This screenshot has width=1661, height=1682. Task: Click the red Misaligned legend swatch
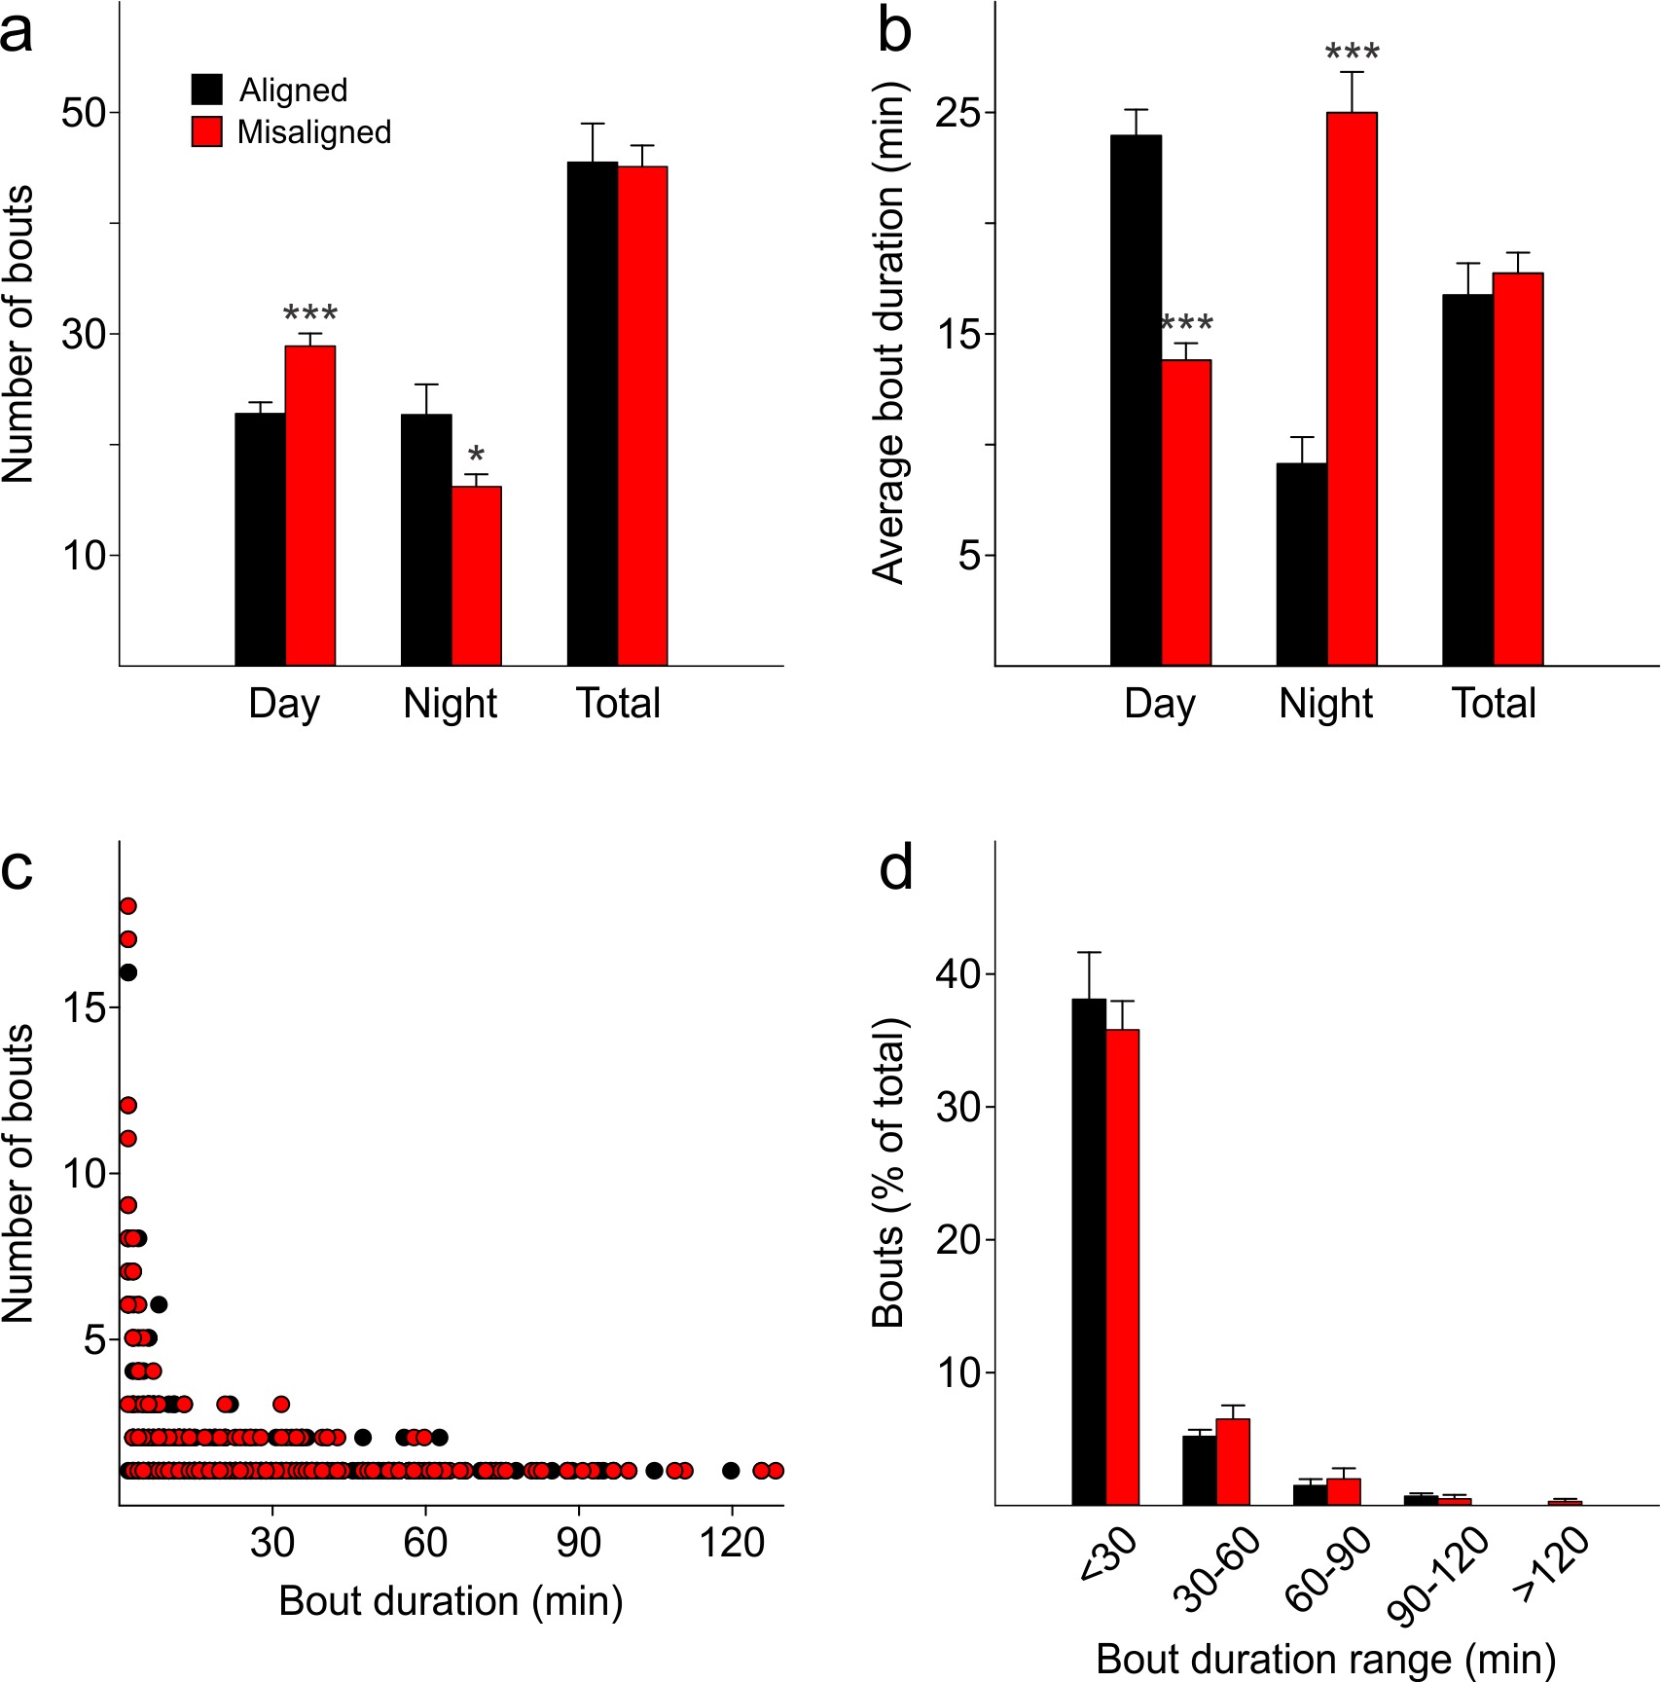(207, 131)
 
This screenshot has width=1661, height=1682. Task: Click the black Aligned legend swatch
(207, 90)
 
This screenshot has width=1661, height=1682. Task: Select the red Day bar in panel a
(310, 506)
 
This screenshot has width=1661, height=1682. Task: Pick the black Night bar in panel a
(426, 540)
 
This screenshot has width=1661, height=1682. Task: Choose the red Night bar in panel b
(1353, 389)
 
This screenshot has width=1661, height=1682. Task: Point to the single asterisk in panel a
(476, 455)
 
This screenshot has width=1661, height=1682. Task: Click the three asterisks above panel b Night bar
(1353, 52)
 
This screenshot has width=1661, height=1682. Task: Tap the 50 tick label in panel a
(84, 113)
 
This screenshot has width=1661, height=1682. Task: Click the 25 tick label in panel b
(958, 113)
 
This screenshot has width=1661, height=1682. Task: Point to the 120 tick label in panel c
(732, 1543)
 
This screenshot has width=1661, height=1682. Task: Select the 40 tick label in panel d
(958, 974)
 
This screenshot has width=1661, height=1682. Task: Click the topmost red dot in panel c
(127, 906)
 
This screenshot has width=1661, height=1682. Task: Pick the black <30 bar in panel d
(1089, 1252)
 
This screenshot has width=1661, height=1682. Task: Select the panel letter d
(896, 868)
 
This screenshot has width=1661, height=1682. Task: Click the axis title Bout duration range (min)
(1325, 1659)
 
